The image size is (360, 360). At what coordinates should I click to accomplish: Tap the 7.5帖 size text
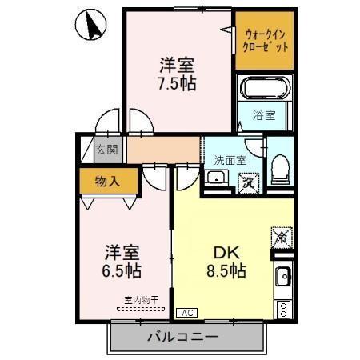pos(177,82)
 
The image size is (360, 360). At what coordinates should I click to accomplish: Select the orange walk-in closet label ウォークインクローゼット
pos(264,40)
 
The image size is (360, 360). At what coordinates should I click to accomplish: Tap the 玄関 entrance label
pos(106,150)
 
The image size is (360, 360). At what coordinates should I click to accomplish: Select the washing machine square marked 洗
pos(250,181)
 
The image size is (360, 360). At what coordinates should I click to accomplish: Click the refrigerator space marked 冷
pos(282,236)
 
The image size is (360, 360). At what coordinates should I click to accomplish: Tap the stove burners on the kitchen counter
pos(283,308)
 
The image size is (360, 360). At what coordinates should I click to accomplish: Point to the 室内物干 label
pos(141,300)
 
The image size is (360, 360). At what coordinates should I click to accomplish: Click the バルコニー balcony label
pos(182,337)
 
